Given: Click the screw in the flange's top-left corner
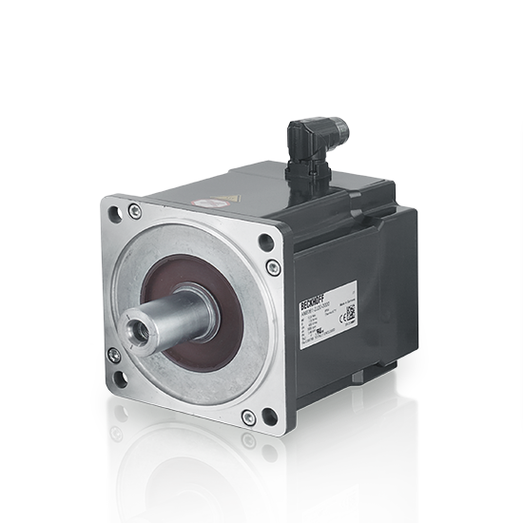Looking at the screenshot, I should [x=136, y=209].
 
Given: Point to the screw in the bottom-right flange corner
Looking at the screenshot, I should [x=248, y=414].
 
